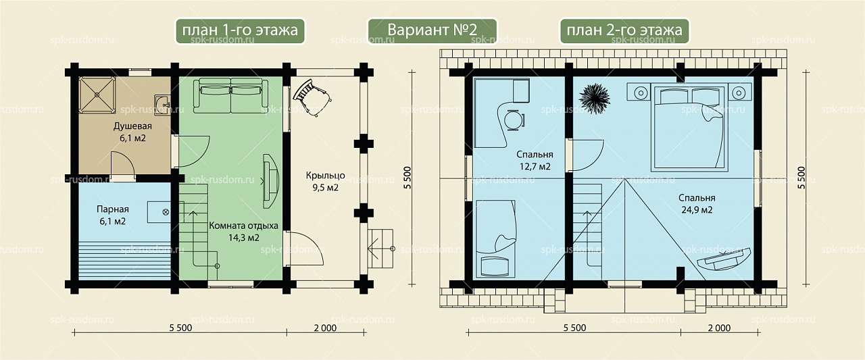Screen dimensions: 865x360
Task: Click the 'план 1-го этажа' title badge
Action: pyautogui.click(x=240, y=30)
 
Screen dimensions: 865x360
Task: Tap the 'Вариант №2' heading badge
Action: pyautogui.click(x=432, y=30)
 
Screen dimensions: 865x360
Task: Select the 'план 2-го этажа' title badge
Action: pyautogui.click(x=624, y=30)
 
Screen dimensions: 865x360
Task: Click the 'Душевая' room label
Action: pyautogui.click(x=132, y=126)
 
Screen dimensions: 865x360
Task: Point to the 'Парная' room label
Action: pyautogui.click(x=112, y=209)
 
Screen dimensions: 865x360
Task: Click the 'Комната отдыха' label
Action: pyautogui.click(x=243, y=226)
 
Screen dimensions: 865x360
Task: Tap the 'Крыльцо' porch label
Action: pyautogui.click(x=325, y=176)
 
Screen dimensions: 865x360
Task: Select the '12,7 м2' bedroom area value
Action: pyautogui.click(x=535, y=167)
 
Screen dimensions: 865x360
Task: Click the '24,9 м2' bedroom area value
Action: pyautogui.click(x=697, y=210)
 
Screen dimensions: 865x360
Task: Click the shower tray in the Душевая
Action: pyautogui.click(x=97, y=95)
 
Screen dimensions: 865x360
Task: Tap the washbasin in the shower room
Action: pyautogui.click(x=163, y=104)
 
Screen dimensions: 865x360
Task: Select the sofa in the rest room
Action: pyautogui.click(x=230, y=96)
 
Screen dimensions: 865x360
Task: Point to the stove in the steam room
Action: pyautogui.click(x=159, y=212)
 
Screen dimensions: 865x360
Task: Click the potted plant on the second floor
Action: pyautogui.click(x=594, y=99)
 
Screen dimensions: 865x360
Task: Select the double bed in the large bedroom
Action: pyautogui.click(x=689, y=128)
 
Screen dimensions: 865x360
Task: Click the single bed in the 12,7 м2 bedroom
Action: pyautogui.click(x=496, y=238)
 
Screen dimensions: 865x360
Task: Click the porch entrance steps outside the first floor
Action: pyautogui.click(x=380, y=249)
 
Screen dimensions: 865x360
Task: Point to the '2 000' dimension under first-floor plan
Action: pyautogui.click(x=325, y=328)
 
